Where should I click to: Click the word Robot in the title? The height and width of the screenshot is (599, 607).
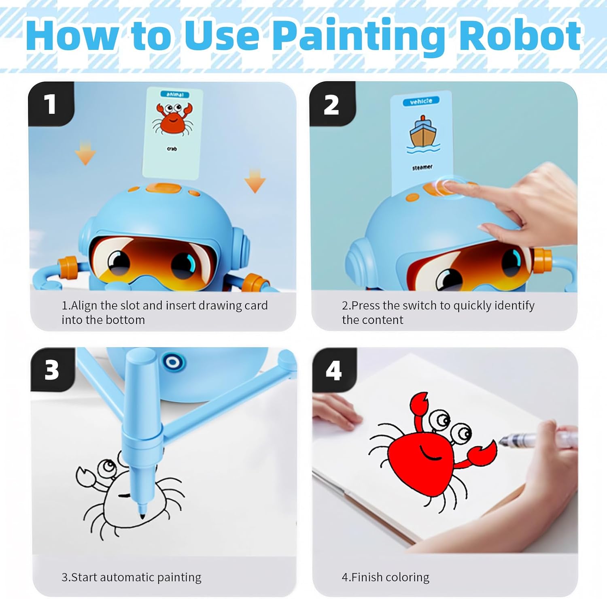click(520, 35)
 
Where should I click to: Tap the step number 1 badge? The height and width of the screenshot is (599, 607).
click(51, 104)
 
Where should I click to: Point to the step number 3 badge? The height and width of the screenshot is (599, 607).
click(52, 369)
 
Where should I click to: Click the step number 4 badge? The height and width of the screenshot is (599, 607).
click(333, 370)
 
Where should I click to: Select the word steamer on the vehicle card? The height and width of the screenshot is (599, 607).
click(422, 167)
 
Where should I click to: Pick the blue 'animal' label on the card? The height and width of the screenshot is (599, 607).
click(175, 94)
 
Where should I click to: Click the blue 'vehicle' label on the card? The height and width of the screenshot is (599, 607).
click(421, 101)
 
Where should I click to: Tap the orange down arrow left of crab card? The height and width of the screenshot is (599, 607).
click(85, 153)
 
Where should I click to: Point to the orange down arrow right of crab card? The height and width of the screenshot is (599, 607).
click(255, 181)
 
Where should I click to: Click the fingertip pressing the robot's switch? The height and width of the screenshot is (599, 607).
click(446, 186)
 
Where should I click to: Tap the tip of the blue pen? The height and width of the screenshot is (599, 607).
click(142, 516)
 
